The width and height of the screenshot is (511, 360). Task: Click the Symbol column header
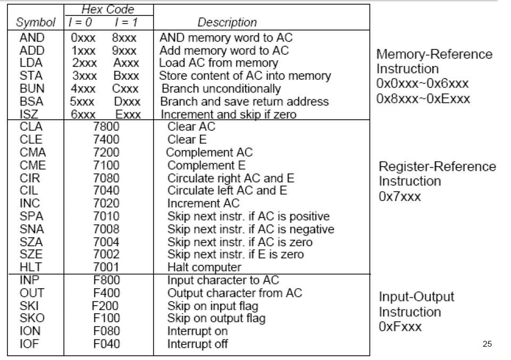pos(36,22)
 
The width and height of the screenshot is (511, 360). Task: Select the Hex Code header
pos(108,10)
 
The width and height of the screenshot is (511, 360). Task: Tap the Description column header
pos(227,22)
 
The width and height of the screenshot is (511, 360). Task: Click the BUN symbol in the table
pos(32,88)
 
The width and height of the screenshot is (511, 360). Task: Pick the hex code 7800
pos(106,127)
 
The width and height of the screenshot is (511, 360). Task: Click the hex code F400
pos(106,293)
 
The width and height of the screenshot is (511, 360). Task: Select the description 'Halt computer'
pos(204,267)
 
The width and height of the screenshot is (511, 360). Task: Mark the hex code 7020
pos(106,203)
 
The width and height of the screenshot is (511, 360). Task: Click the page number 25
pos(487,344)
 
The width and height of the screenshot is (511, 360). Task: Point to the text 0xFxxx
pos(400,326)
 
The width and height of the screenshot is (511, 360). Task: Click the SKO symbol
pos(32,319)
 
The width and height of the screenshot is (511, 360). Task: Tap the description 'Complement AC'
pos(210,152)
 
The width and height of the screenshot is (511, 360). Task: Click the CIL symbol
pos(29,190)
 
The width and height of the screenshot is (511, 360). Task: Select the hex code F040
pos(106,344)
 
